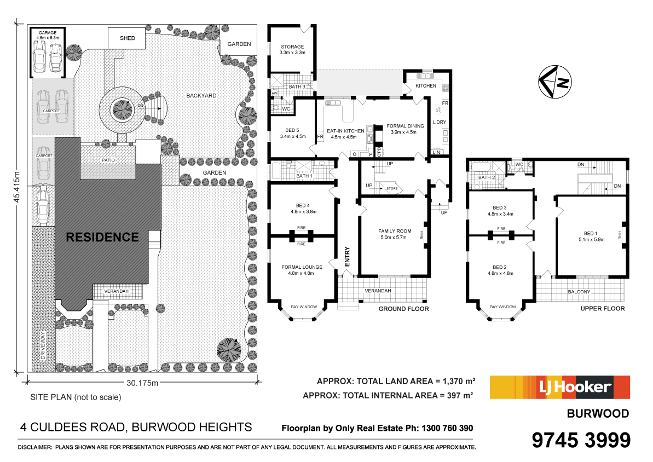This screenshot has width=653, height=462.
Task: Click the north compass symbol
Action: [554, 82]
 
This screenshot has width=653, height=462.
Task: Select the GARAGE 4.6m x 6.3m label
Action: [48, 35]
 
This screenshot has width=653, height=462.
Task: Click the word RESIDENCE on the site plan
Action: [102, 237]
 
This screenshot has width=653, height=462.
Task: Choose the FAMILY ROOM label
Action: [394, 234]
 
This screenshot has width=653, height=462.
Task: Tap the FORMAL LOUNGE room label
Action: [302, 270]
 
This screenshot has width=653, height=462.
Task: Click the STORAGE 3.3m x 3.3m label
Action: [292, 49]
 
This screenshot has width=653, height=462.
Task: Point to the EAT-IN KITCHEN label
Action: [345, 134]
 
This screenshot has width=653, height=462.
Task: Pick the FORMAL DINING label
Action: [404, 129]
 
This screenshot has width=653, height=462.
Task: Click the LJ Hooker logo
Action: [559, 388]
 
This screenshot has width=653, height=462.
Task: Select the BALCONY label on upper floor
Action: [579, 292]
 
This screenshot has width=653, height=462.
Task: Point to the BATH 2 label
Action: [486, 177]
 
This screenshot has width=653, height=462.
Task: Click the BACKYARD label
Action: [201, 95]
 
